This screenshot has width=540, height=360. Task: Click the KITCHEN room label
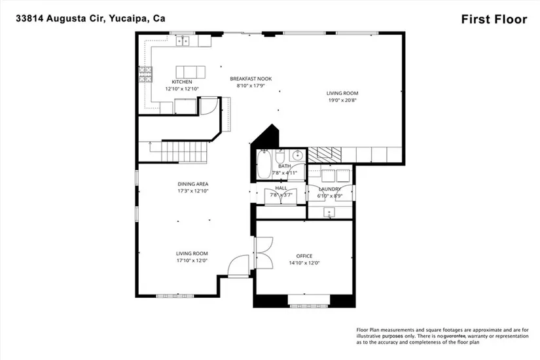(182, 82)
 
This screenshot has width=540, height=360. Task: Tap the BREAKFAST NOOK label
(251, 79)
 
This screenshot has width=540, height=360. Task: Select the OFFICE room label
(304, 256)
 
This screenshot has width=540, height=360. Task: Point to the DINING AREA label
(193, 184)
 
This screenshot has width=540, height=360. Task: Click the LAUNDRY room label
(330, 189)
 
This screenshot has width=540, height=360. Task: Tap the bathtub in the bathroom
(264, 164)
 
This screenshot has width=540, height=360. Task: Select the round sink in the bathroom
(297, 156)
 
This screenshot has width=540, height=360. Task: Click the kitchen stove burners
(145, 74)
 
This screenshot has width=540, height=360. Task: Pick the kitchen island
(190, 72)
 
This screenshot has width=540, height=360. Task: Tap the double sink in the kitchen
(183, 41)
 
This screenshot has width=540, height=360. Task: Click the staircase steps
(185, 152)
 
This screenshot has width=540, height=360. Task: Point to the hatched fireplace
(325, 154)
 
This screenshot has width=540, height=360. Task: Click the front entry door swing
(238, 265)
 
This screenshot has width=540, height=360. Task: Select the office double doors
(264, 253)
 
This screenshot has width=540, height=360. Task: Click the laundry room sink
(329, 212)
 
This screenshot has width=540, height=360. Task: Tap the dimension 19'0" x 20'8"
(342, 101)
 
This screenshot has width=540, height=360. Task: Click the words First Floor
(494, 19)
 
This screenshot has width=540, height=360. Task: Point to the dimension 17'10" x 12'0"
(192, 261)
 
